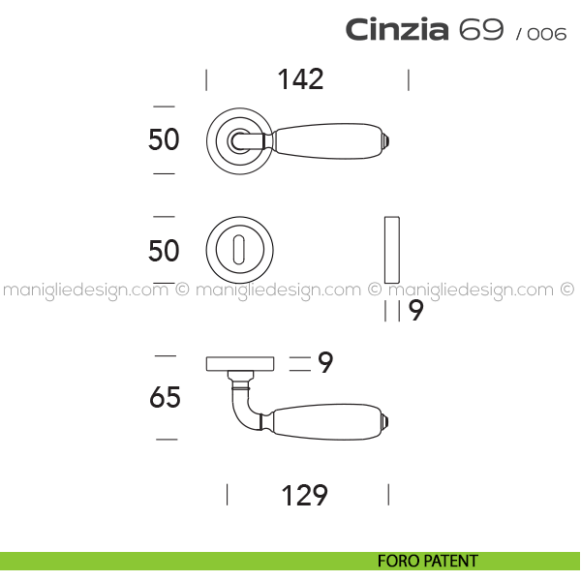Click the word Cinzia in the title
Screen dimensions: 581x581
coord(397,29)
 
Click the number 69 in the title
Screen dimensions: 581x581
coord(481,29)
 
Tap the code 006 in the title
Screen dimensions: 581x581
coord(546,34)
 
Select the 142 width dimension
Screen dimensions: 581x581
coord(300,79)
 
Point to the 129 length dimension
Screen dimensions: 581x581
coord(305,495)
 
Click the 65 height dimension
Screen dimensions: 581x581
coord(165,397)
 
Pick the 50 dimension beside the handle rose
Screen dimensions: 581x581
coord(164,139)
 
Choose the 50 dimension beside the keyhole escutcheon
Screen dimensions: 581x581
coord(164,251)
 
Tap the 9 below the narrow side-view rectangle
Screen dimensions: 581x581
coord(415,311)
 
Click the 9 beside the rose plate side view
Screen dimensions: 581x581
coord(325,362)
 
